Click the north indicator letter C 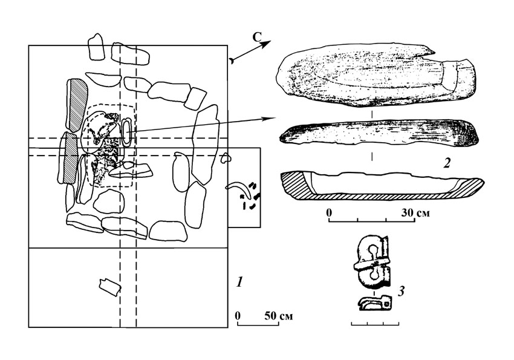pos(256,37)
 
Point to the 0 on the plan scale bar pos(238,316)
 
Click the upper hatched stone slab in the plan pos(77,105)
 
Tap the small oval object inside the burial pos(127,133)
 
